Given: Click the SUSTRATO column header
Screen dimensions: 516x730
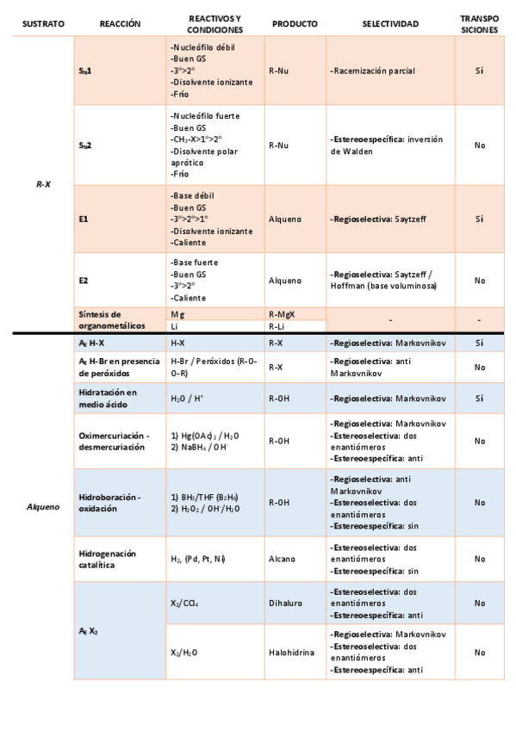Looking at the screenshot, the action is [x=43, y=24].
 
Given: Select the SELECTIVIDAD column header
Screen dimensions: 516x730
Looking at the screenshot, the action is [x=390, y=24].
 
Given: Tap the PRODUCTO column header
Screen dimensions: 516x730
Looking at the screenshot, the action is [x=294, y=24].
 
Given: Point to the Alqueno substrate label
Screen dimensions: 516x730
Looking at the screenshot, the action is [x=42, y=506].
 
